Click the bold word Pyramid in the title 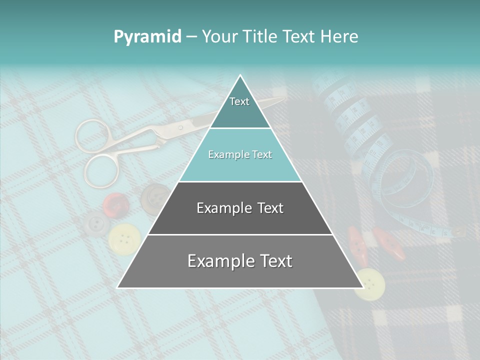click(147, 37)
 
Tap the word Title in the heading click(262, 37)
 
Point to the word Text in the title click(300, 37)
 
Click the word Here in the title click(339, 37)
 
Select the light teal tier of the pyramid click(240, 155)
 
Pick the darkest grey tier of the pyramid click(240, 208)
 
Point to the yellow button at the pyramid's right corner click(370, 283)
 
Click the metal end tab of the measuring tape click(457, 231)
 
